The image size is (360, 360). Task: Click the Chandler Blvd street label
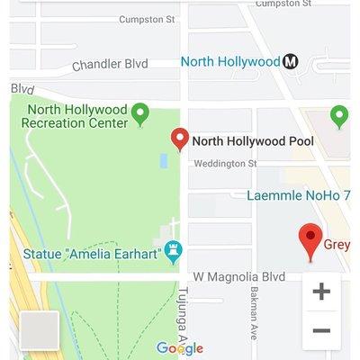[x=111, y=65]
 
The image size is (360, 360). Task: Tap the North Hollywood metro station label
[x=230, y=62]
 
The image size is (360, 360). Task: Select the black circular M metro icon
[x=291, y=62]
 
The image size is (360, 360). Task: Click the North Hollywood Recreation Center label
[x=76, y=115]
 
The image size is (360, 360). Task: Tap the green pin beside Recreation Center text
[x=139, y=113]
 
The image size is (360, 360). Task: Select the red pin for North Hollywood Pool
[x=180, y=139]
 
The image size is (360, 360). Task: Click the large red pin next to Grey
[x=310, y=240]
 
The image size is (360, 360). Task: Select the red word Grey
[x=337, y=245]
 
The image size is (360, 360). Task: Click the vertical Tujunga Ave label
[x=182, y=310]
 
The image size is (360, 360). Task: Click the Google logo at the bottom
[x=180, y=348]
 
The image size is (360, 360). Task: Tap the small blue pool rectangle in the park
[x=164, y=161]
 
